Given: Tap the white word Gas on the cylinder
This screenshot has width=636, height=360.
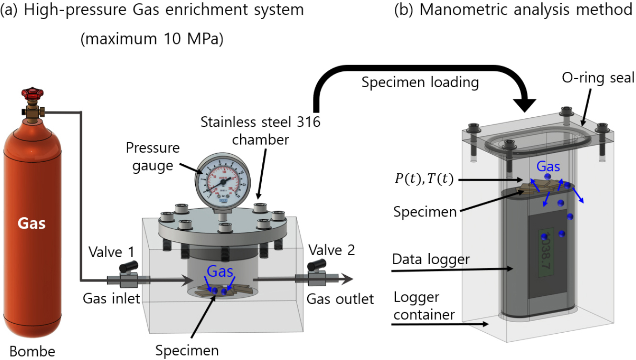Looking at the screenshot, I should tap(32, 223).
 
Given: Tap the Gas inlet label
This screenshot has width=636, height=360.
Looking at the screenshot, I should tap(111, 299).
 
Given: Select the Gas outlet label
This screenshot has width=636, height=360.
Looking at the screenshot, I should tap(340, 299).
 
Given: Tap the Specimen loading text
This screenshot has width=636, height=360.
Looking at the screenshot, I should tap(420, 82).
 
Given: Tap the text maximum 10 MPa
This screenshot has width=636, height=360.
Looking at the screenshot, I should tap(152, 39).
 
